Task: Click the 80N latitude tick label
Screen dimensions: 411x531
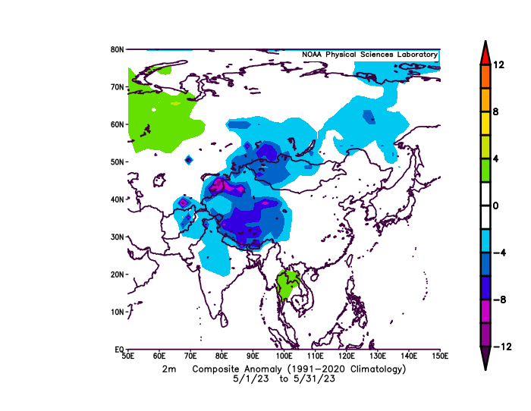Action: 118,49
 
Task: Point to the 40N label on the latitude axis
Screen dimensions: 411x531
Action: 118,199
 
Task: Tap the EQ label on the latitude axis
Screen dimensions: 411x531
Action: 119,350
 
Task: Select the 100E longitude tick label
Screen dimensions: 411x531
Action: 284,356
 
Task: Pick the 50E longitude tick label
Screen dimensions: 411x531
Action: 128,356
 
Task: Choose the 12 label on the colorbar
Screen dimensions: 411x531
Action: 498,65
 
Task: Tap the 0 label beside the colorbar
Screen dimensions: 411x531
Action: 495,206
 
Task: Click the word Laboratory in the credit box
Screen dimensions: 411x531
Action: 414,55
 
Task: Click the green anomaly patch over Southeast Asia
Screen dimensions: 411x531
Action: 287,284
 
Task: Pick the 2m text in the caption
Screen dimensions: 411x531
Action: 168,369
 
